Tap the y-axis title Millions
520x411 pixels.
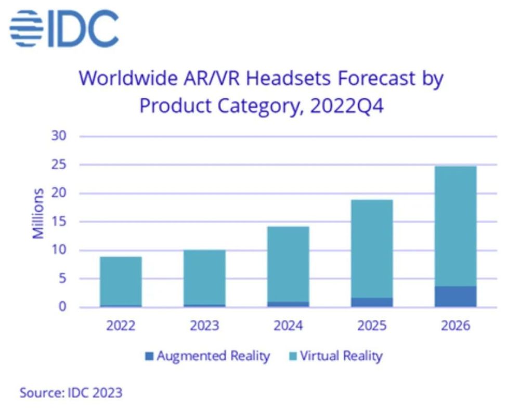[38, 213]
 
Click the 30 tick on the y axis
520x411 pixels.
[59, 136]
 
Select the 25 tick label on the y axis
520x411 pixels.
[59, 165]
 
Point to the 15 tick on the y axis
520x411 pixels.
[59, 222]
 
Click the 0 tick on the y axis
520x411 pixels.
[62, 307]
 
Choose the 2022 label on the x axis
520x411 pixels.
[121, 326]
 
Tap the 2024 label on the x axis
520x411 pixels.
[288, 326]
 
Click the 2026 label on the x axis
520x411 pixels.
[455, 326]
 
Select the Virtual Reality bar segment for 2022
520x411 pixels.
[121, 281]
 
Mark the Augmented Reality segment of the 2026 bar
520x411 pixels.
[455, 297]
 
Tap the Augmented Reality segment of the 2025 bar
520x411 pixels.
[372, 302]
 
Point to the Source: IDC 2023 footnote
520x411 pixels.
[71, 392]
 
